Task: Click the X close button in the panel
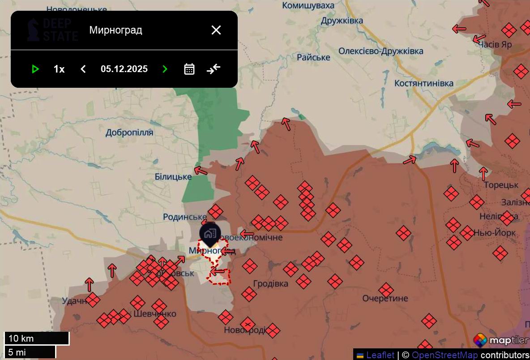point(216,30)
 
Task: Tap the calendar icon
point(189,69)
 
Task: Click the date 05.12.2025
point(124,69)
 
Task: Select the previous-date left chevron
point(83,69)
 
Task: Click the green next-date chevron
point(165,69)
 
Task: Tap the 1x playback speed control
point(59,69)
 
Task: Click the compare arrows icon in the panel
point(214,69)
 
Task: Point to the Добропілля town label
point(129,133)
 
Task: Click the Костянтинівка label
point(423,83)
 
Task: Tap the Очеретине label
point(385,298)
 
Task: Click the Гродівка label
point(271,283)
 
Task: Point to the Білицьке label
point(173,177)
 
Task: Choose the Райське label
point(313,57)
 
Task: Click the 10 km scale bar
point(37,339)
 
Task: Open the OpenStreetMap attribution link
point(445,355)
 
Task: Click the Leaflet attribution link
point(380,355)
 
